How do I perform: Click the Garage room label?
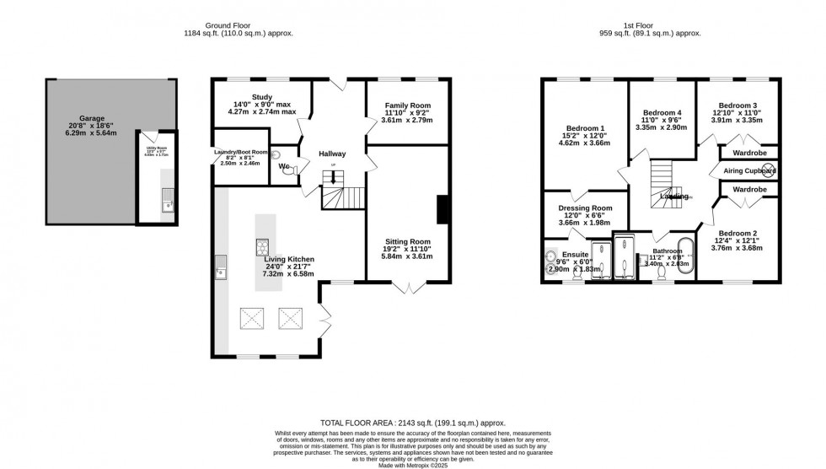pos(98,119)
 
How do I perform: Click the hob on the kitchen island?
pos(262,247)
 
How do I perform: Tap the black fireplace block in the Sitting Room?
pos(440,208)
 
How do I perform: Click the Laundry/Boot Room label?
pos(239,154)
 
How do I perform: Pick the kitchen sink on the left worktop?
pos(221,272)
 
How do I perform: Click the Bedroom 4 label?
pos(662,112)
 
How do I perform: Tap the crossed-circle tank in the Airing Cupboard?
pos(768,170)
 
